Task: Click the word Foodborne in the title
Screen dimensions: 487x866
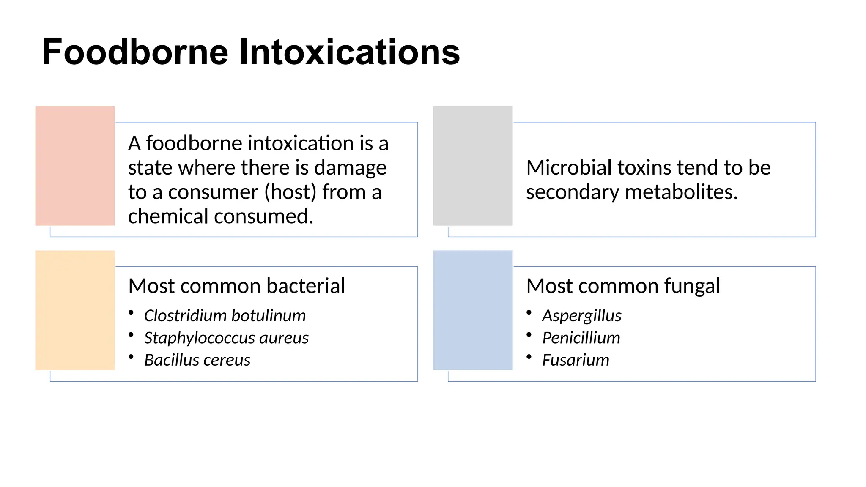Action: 135,52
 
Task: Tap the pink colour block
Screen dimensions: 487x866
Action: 75,165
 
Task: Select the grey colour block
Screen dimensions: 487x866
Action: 473,165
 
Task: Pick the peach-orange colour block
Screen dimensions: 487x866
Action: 75,310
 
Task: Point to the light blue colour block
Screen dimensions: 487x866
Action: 473,310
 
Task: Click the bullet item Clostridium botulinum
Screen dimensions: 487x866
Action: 225,315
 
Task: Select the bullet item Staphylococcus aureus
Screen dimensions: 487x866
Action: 226,338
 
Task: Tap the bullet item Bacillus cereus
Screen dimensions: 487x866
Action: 197,360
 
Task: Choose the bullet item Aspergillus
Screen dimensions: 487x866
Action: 581,316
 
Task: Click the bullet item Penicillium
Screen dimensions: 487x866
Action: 581,338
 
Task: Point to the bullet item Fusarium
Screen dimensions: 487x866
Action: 576,360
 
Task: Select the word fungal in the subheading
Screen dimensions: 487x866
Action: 692,287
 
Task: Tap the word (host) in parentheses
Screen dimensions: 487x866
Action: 290,192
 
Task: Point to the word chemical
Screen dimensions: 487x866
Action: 168,216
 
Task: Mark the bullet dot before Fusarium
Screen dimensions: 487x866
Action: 529,357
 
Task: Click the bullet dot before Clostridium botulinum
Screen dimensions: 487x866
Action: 131,312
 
